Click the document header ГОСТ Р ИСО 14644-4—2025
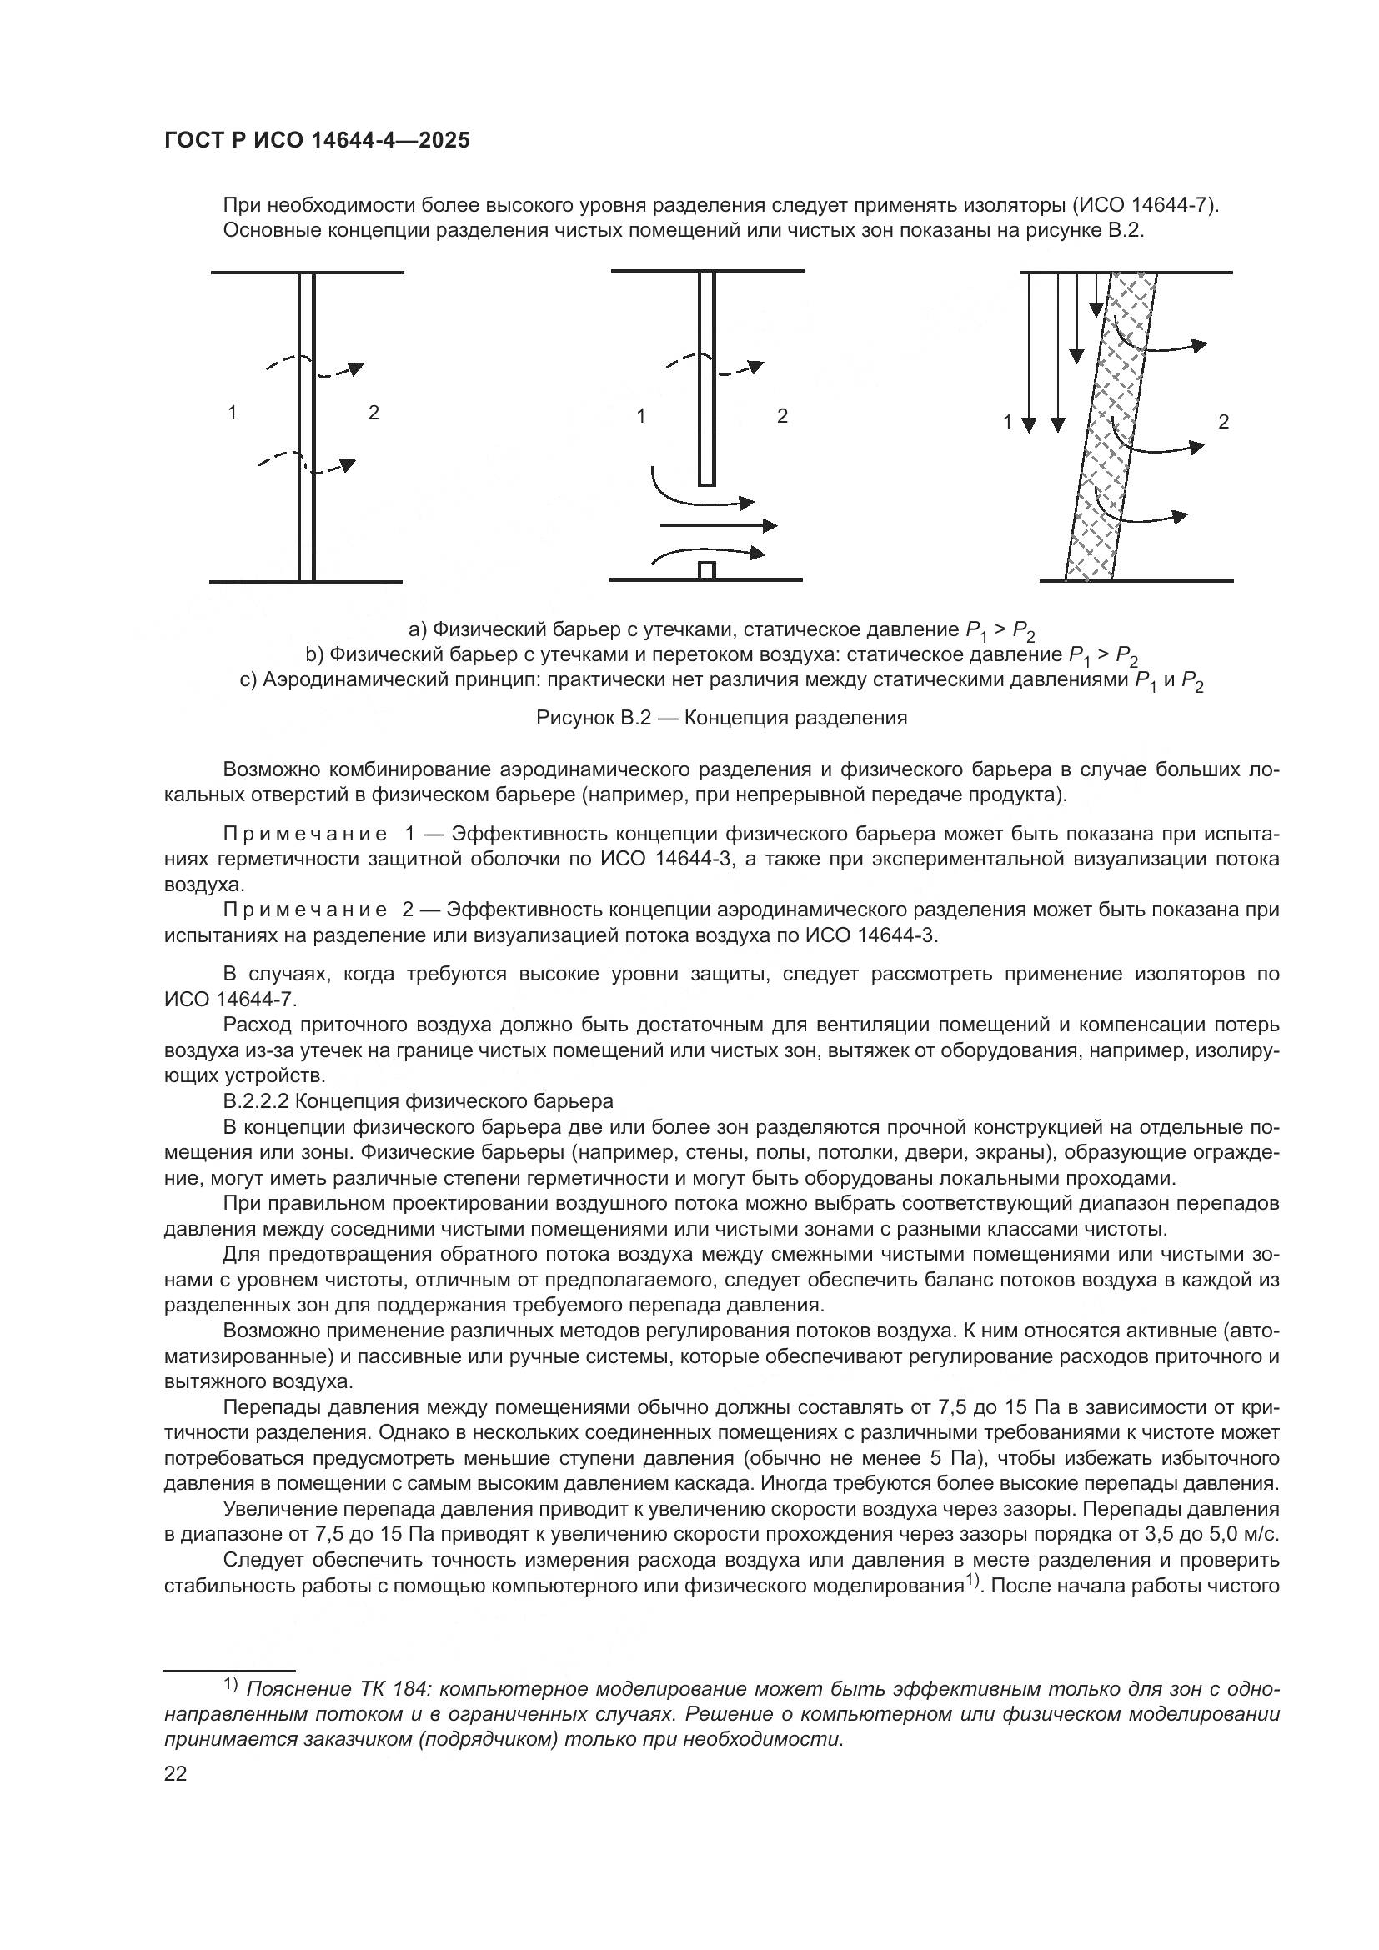point(317,141)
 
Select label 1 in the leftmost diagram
point(232,413)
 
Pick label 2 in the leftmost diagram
point(374,413)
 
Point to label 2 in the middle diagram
point(782,416)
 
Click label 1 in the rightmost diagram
point(1008,421)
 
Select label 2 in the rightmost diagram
point(1224,421)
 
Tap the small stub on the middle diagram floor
point(706,570)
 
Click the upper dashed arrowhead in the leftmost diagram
point(355,368)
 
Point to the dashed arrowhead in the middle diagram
point(755,368)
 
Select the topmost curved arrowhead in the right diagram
point(1199,346)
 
